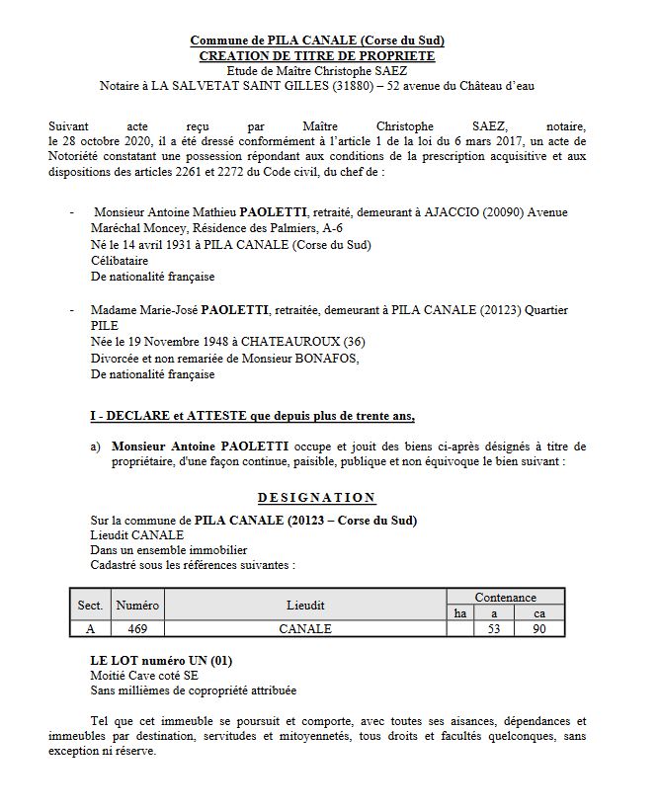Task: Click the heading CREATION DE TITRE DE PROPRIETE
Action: coord(316,56)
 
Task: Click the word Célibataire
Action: coord(121,261)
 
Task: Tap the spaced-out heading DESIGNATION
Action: coord(316,498)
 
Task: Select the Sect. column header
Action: coord(90,605)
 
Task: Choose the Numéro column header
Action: coord(137,605)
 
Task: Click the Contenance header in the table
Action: coord(505,597)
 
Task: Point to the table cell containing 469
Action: coord(137,628)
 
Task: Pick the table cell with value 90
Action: coord(539,628)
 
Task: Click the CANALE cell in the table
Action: coord(305,628)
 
